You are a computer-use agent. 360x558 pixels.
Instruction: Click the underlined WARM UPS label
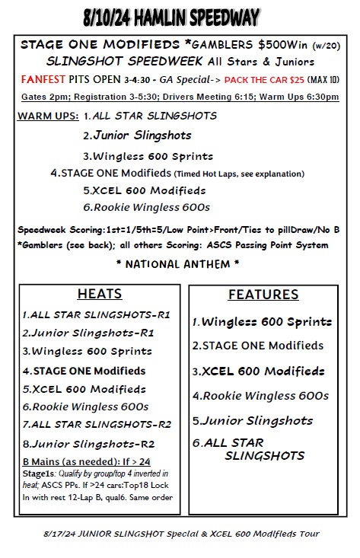pos(46,116)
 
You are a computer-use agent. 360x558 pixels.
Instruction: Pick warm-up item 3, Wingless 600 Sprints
pos(147,156)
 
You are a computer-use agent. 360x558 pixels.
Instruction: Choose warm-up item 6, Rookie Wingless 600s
pos(146,206)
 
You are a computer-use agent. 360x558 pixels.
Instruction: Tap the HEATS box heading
pos(100,295)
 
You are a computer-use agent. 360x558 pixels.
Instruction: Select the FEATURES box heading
pos(263,295)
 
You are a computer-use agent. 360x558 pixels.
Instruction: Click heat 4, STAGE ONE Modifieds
pos(84,371)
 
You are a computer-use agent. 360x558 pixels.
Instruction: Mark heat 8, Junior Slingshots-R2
pos(88,443)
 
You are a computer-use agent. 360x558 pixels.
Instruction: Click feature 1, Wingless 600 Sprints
pos(262,322)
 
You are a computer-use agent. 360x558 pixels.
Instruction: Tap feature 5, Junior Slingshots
pos(252,420)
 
